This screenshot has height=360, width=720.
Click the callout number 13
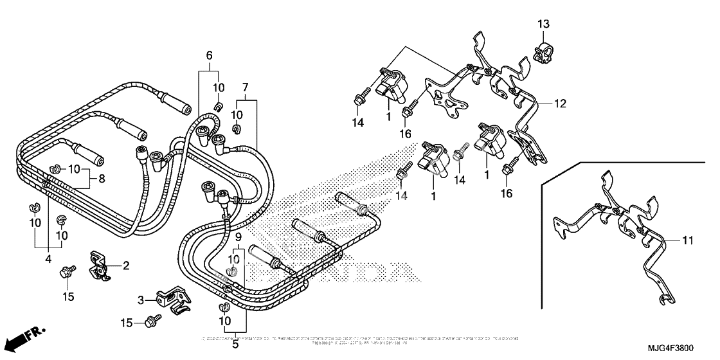pyautogui.click(x=543, y=24)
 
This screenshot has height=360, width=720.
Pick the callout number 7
pyautogui.click(x=245, y=87)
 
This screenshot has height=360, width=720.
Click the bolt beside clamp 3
pyautogui.click(x=153, y=318)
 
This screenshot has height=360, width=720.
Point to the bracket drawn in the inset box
pyautogui.click(x=617, y=225)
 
